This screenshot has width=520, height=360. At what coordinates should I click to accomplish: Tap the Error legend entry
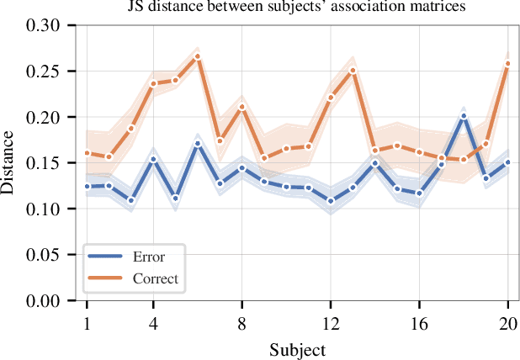point(149,257)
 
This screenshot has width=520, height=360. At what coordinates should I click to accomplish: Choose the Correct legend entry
point(155,278)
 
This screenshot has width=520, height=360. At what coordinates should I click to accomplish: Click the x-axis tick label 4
point(153,323)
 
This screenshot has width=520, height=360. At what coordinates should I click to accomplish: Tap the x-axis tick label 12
point(331,323)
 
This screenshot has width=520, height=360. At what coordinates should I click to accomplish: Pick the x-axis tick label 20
point(508,323)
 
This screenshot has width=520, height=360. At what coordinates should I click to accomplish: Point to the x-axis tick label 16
point(419,323)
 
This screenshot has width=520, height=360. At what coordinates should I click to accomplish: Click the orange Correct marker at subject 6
point(198,56)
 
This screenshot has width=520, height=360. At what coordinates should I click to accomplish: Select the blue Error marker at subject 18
point(464,116)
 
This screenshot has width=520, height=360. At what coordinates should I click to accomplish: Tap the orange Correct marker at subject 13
point(353,71)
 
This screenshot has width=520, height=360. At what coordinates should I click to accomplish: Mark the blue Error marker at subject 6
point(198,144)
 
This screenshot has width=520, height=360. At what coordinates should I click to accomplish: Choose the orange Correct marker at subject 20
point(508,64)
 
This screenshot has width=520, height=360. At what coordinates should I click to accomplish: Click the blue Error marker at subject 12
point(331,202)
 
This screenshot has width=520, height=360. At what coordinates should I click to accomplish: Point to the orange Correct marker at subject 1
point(87,153)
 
